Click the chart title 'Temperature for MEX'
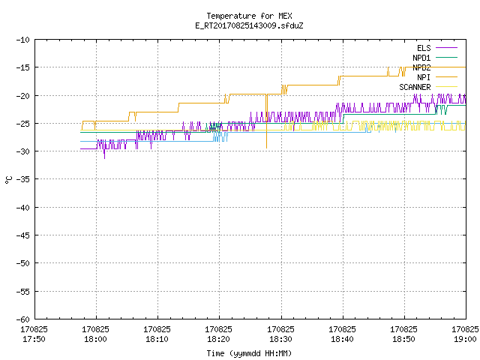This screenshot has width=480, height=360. (249, 16)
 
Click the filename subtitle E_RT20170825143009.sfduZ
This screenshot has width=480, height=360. (249, 25)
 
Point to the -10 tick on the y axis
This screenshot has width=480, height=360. (23, 40)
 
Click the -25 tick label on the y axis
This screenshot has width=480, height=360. (23, 124)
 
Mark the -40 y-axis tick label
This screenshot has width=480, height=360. (23, 208)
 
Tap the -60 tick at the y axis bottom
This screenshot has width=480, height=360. (23, 319)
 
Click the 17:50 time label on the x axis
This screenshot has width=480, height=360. (34, 339)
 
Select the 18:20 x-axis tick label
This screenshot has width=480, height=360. (218, 339)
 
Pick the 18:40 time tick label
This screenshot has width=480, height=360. (342, 339)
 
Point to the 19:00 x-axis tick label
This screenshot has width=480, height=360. (465, 339)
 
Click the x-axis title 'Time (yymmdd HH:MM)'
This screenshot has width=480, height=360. (249, 353)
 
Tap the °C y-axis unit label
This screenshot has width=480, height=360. (8, 180)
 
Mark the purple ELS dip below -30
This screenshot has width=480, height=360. (104, 155)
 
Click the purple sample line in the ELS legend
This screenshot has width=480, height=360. (447, 48)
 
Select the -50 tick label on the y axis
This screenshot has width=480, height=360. (23, 263)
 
